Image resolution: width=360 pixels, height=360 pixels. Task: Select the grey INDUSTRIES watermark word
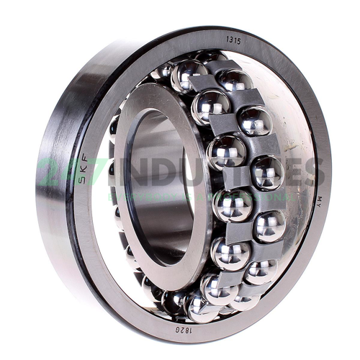pos(220,171)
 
